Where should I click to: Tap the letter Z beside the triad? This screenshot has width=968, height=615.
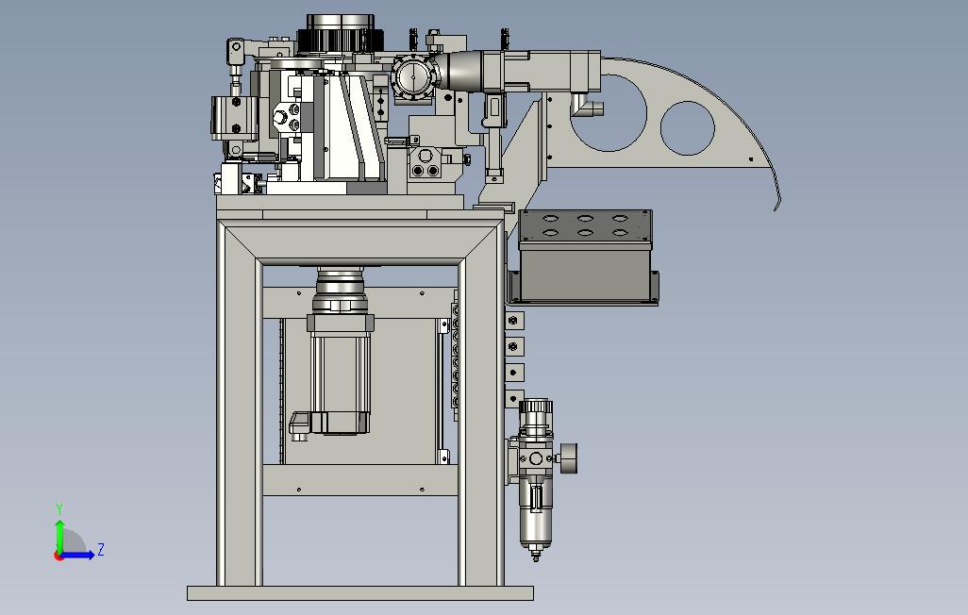point(101,549)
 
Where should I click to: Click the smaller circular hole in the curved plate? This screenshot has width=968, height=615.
point(687,128)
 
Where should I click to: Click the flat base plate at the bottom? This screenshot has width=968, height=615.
point(359,593)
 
